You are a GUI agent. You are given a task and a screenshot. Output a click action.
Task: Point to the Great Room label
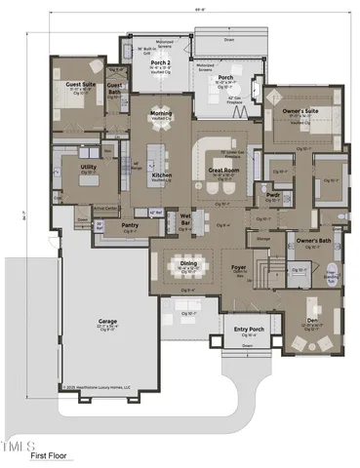[x=225, y=172]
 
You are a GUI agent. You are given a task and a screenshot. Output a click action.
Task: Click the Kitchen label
[x=162, y=175]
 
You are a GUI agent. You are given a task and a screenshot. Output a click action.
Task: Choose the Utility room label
[x=88, y=167]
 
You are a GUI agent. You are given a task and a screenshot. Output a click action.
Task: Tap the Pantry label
[x=130, y=224]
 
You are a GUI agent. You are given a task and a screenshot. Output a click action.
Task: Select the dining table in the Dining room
[x=189, y=266]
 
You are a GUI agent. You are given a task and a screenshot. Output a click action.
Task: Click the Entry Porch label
[x=247, y=330]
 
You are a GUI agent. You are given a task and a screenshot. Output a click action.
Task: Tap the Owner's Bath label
[x=314, y=239]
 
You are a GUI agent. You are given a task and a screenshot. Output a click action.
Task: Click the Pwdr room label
[x=274, y=194]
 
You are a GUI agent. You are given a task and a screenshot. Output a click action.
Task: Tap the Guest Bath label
[x=115, y=89]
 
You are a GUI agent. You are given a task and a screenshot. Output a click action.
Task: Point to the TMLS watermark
[x=20, y=445]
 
